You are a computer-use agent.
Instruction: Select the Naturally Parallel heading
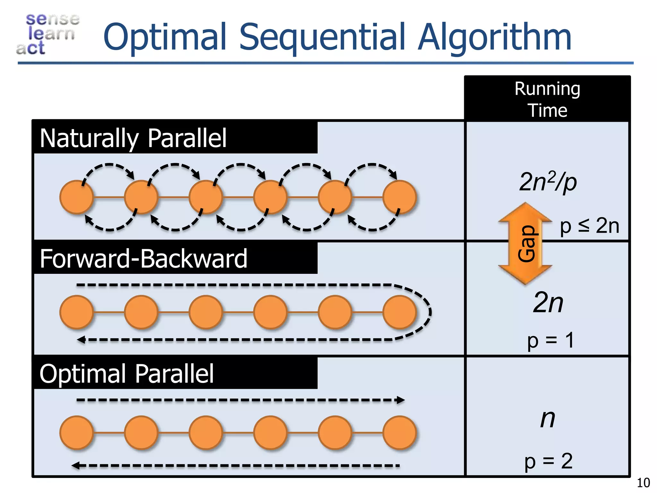(133, 138)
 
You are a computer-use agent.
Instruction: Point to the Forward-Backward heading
(143, 259)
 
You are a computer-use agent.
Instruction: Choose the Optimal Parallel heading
(127, 374)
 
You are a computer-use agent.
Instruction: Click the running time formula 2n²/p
(548, 182)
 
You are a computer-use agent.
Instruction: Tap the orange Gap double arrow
(525, 244)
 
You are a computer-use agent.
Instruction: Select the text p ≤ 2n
(589, 226)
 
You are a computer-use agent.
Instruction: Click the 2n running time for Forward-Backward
(548, 302)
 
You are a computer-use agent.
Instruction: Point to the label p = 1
(550, 340)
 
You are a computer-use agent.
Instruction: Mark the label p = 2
(549, 461)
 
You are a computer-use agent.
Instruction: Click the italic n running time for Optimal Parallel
(548, 419)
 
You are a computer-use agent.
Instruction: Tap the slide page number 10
(643, 483)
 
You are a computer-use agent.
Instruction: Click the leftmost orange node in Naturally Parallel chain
(76, 197)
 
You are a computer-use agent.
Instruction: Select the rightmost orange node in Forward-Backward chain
(399, 312)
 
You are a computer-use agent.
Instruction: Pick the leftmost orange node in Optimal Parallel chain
(76, 432)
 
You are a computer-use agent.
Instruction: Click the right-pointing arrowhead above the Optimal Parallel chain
(401, 400)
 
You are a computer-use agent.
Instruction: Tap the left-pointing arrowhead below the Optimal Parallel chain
(76, 465)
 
